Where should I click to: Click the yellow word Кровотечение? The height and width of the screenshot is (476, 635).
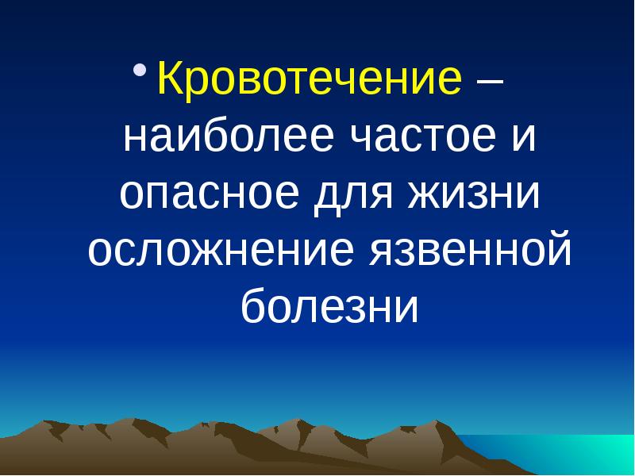pyautogui.click(x=310, y=81)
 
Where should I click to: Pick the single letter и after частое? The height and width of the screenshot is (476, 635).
pyautogui.click(x=523, y=140)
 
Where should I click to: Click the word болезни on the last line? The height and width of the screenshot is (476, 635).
pyautogui.click(x=329, y=307)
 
